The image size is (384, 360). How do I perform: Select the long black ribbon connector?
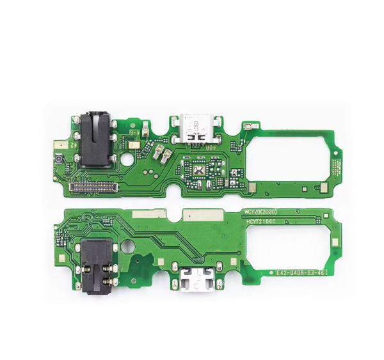[95, 187]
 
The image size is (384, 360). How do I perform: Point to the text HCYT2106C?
[261, 221]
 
